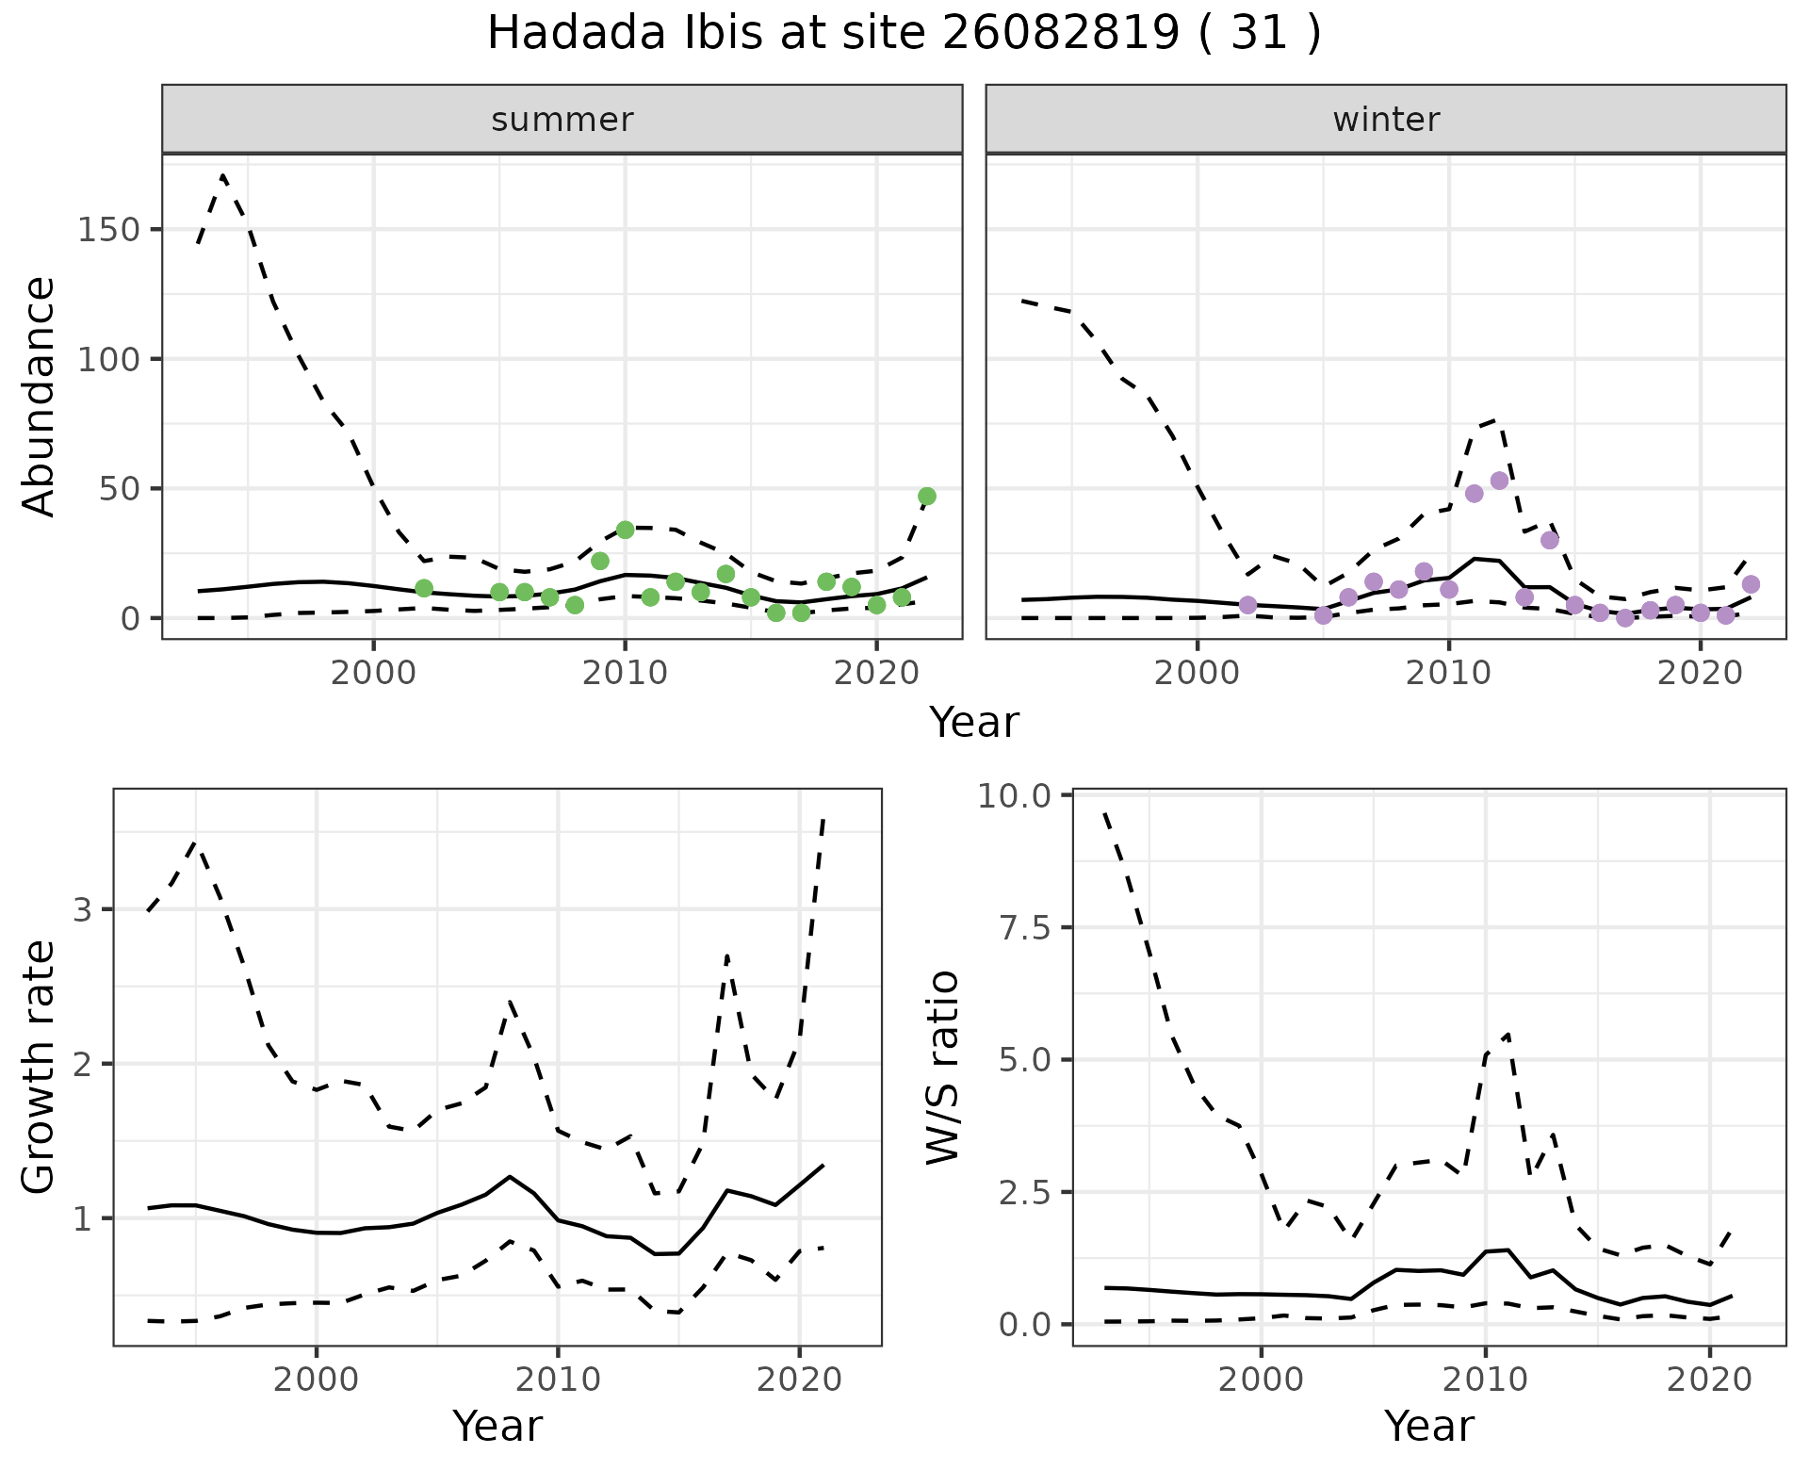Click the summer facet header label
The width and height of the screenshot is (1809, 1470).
[562, 120]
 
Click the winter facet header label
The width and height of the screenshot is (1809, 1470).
[1386, 120]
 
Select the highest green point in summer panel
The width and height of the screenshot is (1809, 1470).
[927, 497]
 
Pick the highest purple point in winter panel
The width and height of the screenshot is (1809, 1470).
[1500, 481]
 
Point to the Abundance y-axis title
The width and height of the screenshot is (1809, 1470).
[40, 396]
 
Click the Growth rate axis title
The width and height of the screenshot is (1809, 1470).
[40, 1068]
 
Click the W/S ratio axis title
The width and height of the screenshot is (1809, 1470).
[942, 1068]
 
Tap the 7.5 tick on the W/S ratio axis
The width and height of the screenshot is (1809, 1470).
[1024, 928]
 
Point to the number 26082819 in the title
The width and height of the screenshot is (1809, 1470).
[1060, 34]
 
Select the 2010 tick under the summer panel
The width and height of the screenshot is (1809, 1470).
[625, 674]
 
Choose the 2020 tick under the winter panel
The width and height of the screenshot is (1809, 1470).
[1701, 674]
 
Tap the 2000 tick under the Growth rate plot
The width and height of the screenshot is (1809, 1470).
[317, 1380]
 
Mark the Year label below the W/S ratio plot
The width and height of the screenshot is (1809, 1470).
[1428, 1426]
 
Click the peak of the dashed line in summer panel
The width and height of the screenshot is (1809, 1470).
[222, 174]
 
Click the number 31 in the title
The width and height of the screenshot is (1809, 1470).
[1263, 34]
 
